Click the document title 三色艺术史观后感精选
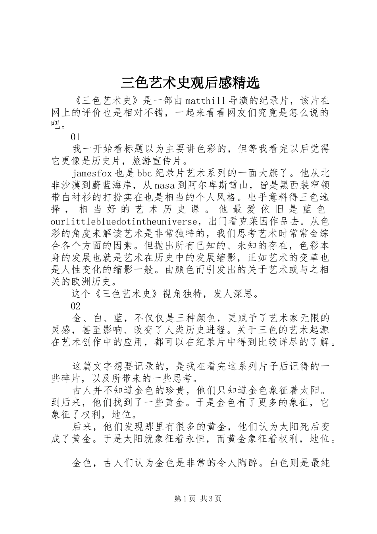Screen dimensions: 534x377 pos(190,83)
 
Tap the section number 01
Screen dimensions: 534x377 pos(75,137)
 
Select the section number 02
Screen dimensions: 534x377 pos(75,306)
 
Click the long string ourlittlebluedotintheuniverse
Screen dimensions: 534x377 pos(124,221)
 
